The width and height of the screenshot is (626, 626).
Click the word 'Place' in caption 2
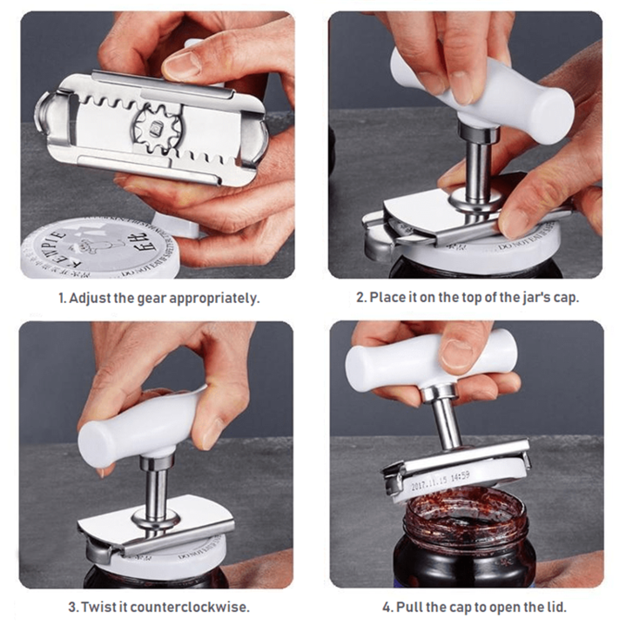point(387,298)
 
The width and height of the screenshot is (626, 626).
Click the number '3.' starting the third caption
point(72,606)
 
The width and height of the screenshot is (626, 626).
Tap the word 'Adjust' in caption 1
point(90,298)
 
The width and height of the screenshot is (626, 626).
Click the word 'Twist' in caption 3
point(98,606)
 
